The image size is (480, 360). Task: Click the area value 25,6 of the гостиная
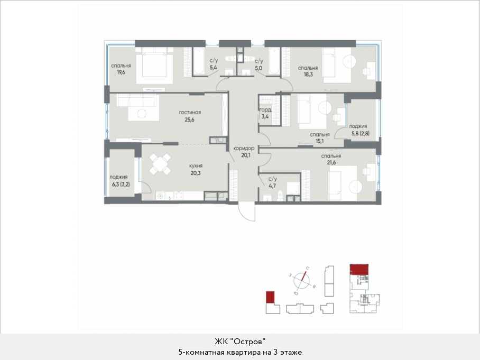(x=189, y=119)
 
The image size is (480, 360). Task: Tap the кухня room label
(x=196, y=165)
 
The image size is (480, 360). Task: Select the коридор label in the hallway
(x=244, y=149)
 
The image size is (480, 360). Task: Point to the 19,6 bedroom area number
(x=121, y=72)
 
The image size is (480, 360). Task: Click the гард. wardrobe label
(x=265, y=110)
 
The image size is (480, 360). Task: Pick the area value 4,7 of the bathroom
(x=272, y=185)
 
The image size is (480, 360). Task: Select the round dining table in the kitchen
(x=160, y=164)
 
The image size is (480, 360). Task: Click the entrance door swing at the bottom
(x=247, y=211)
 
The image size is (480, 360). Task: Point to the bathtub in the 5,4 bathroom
(x=198, y=61)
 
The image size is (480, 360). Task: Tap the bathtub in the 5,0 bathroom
(x=274, y=61)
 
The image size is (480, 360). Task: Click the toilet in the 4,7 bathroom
(x=279, y=196)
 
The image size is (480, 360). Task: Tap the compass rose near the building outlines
(x=302, y=280)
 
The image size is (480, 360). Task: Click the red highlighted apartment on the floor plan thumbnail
(x=359, y=269)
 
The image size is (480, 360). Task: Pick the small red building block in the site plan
(x=270, y=297)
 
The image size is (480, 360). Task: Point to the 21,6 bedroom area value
(x=331, y=162)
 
